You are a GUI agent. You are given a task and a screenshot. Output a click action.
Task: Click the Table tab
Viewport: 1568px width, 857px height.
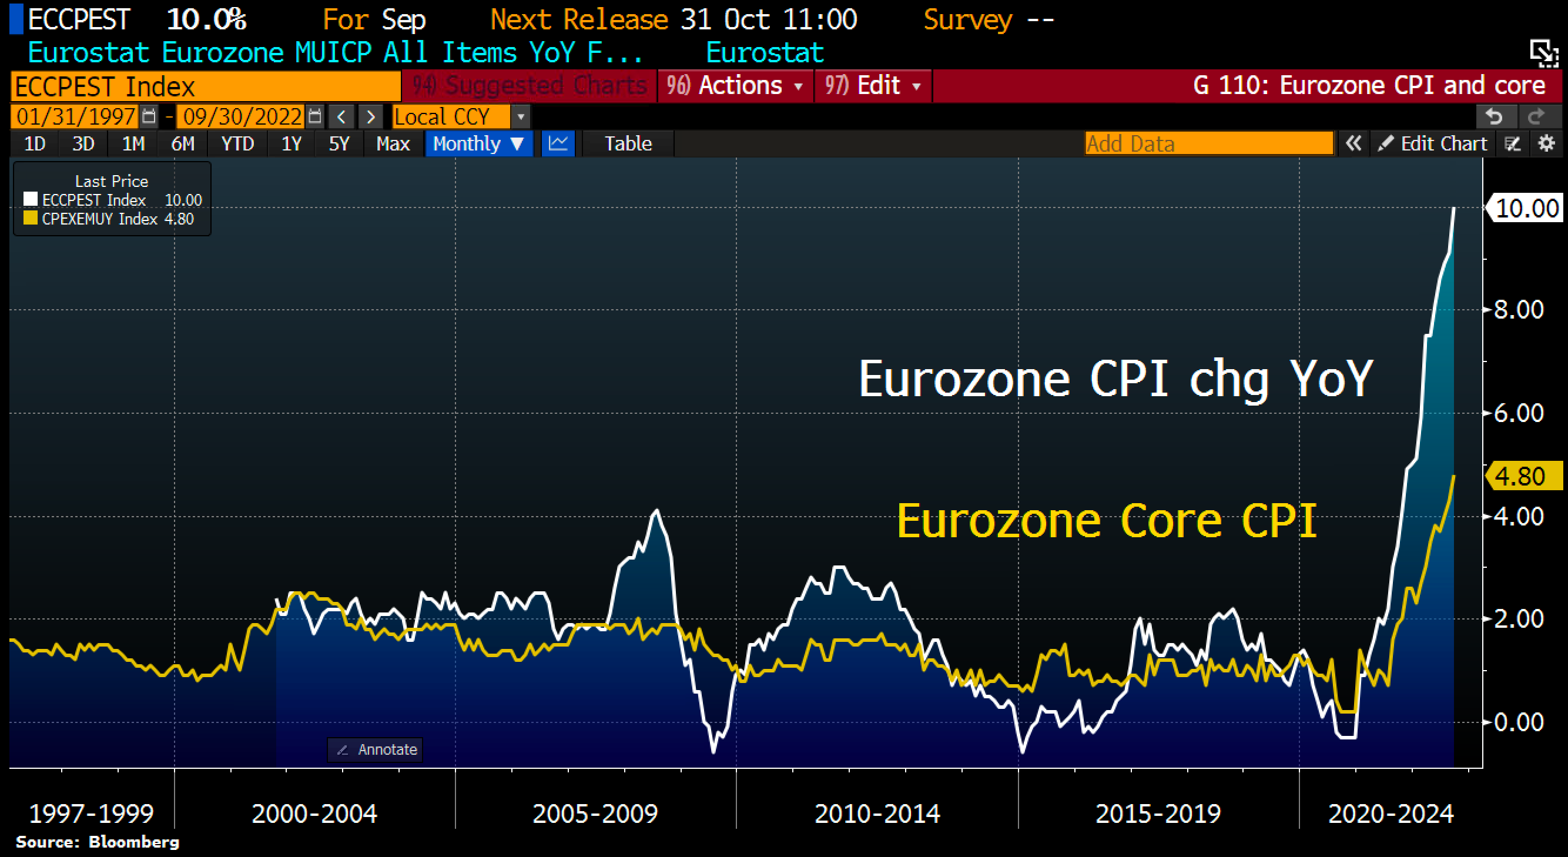[628, 143]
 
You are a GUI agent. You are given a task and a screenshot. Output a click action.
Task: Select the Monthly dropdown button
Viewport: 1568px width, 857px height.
[478, 143]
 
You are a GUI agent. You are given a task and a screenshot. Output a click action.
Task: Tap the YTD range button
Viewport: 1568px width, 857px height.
[237, 143]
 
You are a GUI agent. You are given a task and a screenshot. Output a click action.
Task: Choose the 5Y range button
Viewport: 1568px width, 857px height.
[339, 143]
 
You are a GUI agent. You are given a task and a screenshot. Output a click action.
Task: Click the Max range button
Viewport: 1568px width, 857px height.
[393, 143]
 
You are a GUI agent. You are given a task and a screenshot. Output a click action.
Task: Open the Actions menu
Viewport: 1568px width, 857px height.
[735, 86]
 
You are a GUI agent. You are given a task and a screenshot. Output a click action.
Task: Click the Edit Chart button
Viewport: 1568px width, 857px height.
[1433, 143]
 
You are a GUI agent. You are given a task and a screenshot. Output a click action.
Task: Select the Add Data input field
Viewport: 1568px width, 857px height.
[1208, 143]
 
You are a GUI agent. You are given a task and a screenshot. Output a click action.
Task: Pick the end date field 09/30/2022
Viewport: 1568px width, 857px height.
[242, 116]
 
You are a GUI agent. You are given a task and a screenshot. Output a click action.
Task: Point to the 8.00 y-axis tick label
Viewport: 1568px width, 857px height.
[1519, 310]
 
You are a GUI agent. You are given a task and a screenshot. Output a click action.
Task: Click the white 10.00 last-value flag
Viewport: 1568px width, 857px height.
[1526, 209]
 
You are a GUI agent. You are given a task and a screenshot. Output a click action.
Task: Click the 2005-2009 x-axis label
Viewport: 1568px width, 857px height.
[595, 813]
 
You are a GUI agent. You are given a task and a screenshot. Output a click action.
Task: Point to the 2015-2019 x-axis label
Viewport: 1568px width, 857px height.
[1158, 813]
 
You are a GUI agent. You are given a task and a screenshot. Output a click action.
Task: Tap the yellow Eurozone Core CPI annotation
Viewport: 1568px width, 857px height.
[1107, 521]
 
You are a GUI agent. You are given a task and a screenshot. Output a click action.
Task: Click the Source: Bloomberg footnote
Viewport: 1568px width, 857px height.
[98, 842]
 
